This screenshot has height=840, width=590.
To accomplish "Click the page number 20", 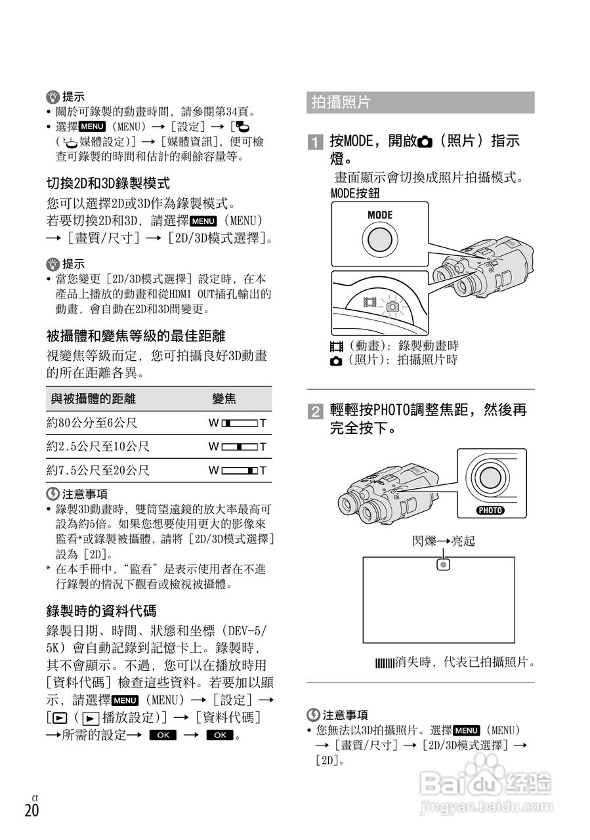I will (32, 810).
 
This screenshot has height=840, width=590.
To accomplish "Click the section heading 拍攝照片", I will (341, 102).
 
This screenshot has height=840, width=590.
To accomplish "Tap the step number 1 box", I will (316, 142).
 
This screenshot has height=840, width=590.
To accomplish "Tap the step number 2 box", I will (316, 412).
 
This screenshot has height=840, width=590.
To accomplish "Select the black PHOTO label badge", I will (490, 511).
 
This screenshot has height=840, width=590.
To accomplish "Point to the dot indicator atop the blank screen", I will (444, 564).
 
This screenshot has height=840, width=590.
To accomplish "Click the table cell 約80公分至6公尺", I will (92, 423).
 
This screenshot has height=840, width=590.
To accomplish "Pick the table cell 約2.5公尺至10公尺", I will (98, 447).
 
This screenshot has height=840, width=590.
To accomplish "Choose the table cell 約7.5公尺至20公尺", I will (98, 471).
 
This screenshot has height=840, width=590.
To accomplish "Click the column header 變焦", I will (224, 398).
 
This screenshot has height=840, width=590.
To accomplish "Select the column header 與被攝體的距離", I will (93, 398).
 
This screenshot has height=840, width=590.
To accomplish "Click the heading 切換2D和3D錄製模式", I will (108, 184).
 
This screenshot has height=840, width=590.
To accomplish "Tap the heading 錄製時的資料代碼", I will (101, 611).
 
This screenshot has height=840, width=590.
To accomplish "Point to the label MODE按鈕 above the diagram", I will (355, 194).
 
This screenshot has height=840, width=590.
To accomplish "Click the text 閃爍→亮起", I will (443, 541).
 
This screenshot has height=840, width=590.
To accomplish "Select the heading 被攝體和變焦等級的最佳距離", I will (136, 336).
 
